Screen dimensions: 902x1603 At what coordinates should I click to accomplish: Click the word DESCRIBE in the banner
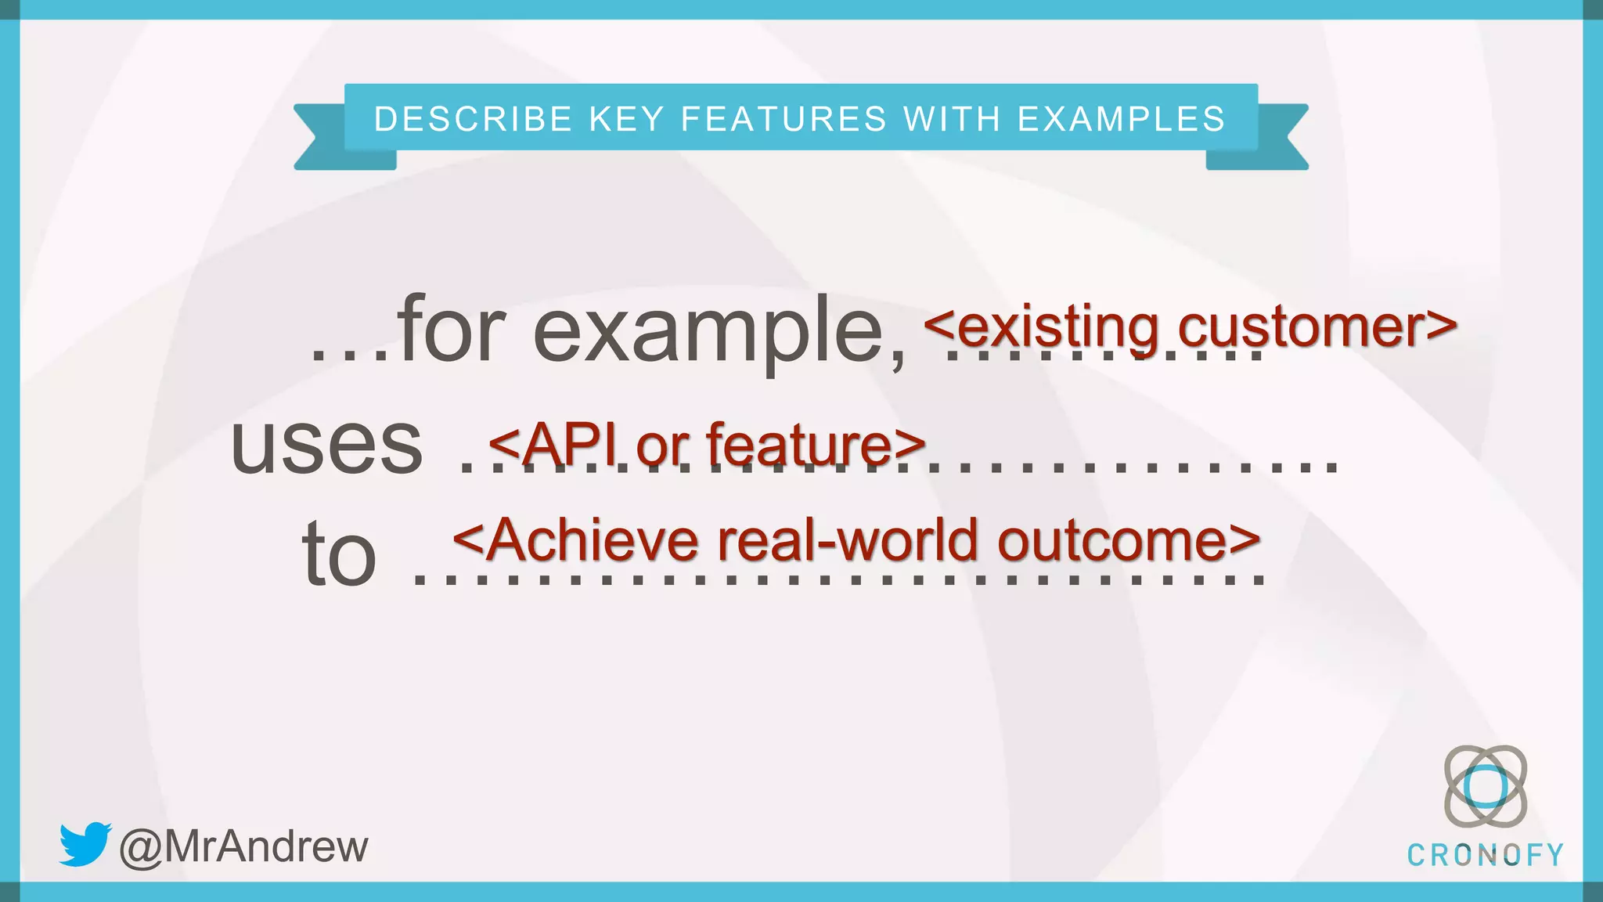pyautogui.click(x=474, y=119)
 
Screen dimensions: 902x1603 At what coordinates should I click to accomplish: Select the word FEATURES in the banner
pyautogui.click(x=784, y=119)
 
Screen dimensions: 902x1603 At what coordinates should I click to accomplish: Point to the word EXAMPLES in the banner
pyautogui.click(x=1121, y=119)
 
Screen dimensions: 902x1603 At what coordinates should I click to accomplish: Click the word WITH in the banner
pyautogui.click(x=952, y=119)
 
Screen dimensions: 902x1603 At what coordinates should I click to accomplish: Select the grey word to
pyautogui.click(x=339, y=554)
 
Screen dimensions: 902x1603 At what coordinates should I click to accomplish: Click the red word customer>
pyautogui.click(x=1317, y=327)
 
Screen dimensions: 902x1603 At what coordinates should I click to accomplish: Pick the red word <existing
pyautogui.click(x=1041, y=327)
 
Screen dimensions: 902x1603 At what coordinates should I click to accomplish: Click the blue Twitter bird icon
pyautogui.click(x=85, y=844)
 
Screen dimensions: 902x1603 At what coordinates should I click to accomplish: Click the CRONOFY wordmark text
pyautogui.click(x=1485, y=855)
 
